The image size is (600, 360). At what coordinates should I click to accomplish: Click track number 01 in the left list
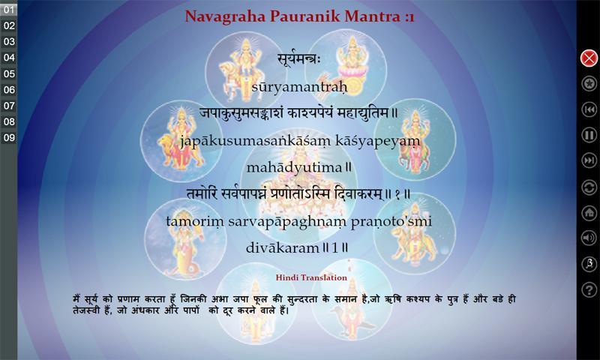[x=8, y=10]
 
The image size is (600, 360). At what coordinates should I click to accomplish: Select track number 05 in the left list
[x=8, y=73]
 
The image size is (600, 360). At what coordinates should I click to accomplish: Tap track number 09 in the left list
[x=8, y=138]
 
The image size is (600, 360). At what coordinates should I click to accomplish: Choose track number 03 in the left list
[x=8, y=42]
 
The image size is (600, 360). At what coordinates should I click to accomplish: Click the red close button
[x=589, y=58]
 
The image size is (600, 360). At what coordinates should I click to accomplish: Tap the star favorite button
[x=589, y=83]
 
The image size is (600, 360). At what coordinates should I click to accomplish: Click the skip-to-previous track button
[x=589, y=109]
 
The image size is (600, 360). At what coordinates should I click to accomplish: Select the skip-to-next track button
[x=589, y=160]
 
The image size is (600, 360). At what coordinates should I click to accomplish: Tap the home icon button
[x=589, y=212]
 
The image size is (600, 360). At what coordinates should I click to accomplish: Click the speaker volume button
[x=589, y=238]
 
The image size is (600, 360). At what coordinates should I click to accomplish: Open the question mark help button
[x=589, y=289]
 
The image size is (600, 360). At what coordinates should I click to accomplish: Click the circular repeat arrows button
[x=589, y=187]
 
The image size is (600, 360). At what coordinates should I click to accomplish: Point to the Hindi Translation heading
[x=311, y=277]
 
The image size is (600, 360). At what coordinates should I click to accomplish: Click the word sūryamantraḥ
[x=299, y=87]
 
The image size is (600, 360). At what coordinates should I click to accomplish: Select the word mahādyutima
[x=294, y=167]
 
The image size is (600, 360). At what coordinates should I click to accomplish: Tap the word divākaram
[x=283, y=248]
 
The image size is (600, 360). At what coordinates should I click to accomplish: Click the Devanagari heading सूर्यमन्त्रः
[x=299, y=59]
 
